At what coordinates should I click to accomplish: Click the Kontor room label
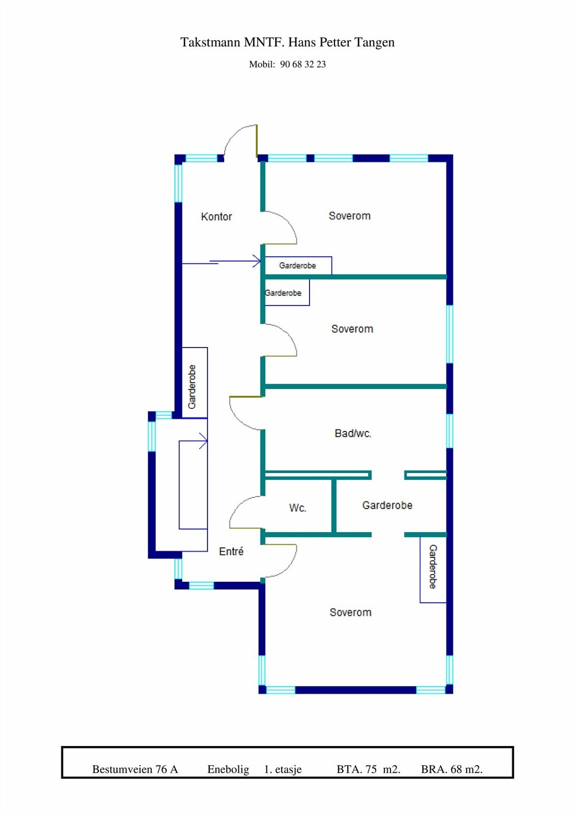(x=216, y=216)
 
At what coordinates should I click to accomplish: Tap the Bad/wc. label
(x=353, y=433)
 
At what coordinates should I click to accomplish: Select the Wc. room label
(x=297, y=508)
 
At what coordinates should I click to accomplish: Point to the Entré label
(x=231, y=551)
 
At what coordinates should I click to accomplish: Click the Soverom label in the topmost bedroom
(x=350, y=216)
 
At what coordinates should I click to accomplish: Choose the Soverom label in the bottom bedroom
(x=350, y=612)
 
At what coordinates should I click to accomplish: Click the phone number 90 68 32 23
(x=302, y=65)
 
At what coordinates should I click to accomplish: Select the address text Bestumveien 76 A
(x=135, y=769)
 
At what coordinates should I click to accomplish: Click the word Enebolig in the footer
(x=228, y=769)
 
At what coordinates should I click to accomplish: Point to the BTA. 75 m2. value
(x=368, y=769)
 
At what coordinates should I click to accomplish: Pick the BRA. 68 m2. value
(x=451, y=769)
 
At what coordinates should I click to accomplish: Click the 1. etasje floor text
(x=283, y=769)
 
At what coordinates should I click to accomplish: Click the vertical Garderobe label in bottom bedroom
(x=433, y=567)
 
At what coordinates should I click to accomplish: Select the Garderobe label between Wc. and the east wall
(x=387, y=505)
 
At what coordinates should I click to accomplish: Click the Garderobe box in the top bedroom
(x=298, y=265)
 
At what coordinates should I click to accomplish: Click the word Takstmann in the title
(x=210, y=42)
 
